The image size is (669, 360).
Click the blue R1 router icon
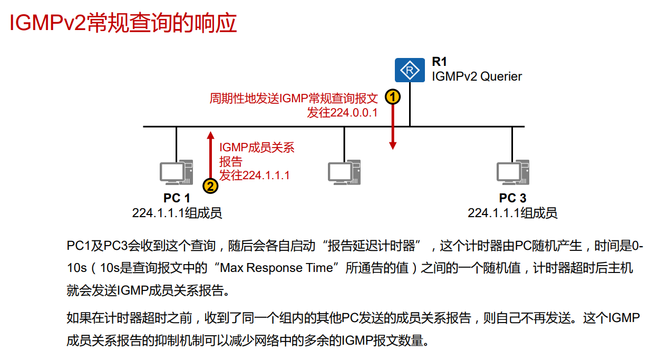[409, 70]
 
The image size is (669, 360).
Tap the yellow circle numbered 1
[393, 97]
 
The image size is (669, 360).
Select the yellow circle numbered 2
[210, 186]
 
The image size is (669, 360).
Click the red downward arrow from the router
[393, 127]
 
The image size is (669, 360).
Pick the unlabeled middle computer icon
[344, 172]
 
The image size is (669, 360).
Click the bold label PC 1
[177, 198]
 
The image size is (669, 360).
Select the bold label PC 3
[512, 198]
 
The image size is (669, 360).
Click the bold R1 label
[439, 62]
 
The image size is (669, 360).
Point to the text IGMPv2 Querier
[477, 76]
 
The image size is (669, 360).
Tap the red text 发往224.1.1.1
[255, 176]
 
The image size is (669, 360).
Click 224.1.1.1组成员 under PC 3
[512, 213]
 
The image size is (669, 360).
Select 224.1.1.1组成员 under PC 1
[177, 213]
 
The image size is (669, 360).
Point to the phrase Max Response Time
[277, 268]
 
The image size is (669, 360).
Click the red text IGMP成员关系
[257, 148]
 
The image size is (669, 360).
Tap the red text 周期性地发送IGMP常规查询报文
[294, 98]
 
